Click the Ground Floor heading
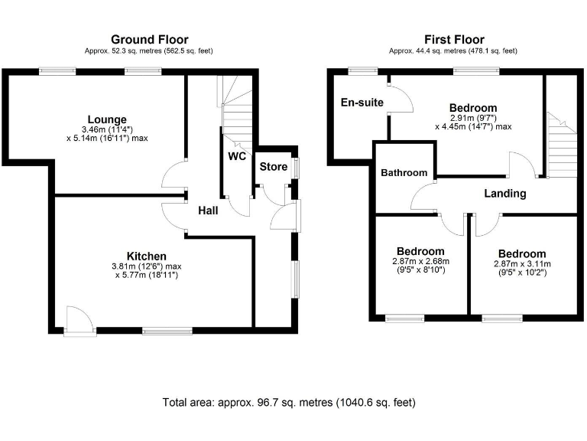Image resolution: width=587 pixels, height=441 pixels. (x=149, y=40)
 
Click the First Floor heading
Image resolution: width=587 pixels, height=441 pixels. (x=454, y=40)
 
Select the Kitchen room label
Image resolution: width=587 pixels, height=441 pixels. (x=147, y=256)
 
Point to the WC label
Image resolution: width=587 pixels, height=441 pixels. (x=237, y=157)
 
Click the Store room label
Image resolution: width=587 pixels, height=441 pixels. (x=273, y=167)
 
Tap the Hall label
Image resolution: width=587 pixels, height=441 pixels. (x=209, y=210)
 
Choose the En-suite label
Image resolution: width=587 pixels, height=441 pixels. (x=362, y=102)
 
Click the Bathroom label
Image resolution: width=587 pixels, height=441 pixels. (x=404, y=173)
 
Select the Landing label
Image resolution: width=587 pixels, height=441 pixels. (x=505, y=194)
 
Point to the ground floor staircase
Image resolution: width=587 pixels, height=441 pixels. (x=237, y=111)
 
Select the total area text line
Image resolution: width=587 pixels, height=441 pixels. (x=289, y=402)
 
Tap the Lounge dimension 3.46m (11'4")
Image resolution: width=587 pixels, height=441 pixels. (x=106, y=130)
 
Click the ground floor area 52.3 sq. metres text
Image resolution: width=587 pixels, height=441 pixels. (x=149, y=51)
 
